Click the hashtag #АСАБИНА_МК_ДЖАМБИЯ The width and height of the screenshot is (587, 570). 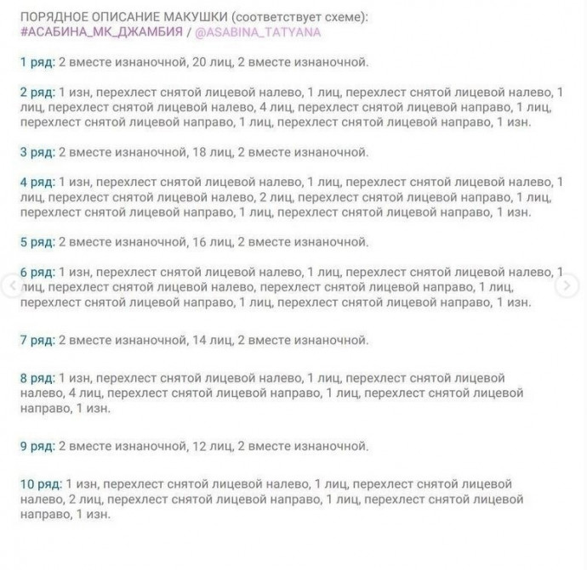pyautogui.click(x=100, y=31)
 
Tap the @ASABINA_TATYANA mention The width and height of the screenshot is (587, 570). pyautogui.click(x=258, y=31)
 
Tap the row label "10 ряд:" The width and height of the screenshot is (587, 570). pyautogui.click(x=41, y=483)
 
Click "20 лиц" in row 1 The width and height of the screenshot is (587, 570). pyautogui.click(x=211, y=61)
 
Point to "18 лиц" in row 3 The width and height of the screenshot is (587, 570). pyautogui.click(x=211, y=152)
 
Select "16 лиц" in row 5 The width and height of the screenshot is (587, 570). pyautogui.click(x=211, y=242)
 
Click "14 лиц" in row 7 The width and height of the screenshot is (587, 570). pyautogui.click(x=211, y=340)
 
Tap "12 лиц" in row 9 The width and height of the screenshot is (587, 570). pyautogui.click(x=211, y=446)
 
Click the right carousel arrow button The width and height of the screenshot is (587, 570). pyautogui.click(x=567, y=286)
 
